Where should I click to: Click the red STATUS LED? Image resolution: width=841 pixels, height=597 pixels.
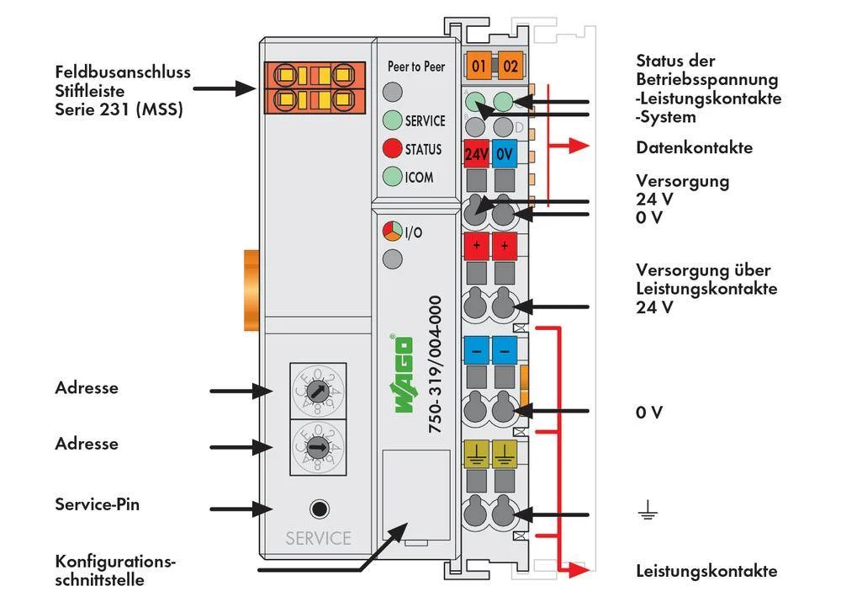coord(393,149)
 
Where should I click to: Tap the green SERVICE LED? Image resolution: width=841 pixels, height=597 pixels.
coord(393,120)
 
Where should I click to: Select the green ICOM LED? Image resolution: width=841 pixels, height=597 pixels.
coord(393,177)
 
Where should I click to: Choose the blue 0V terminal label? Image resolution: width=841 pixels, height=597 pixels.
coord(505,155)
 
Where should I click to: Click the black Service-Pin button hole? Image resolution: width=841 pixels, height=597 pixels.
coord(319,509)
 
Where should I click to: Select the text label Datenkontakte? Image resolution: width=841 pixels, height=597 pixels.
coord(694,148)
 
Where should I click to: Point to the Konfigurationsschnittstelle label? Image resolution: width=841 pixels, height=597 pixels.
coord(116,570)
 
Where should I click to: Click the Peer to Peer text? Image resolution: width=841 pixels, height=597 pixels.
coord(415,67)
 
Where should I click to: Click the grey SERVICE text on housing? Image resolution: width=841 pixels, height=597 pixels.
coord(318,538)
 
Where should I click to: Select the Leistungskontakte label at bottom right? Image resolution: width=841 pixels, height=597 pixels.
coord(706,571)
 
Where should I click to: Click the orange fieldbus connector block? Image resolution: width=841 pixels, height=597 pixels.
coord(316,87)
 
